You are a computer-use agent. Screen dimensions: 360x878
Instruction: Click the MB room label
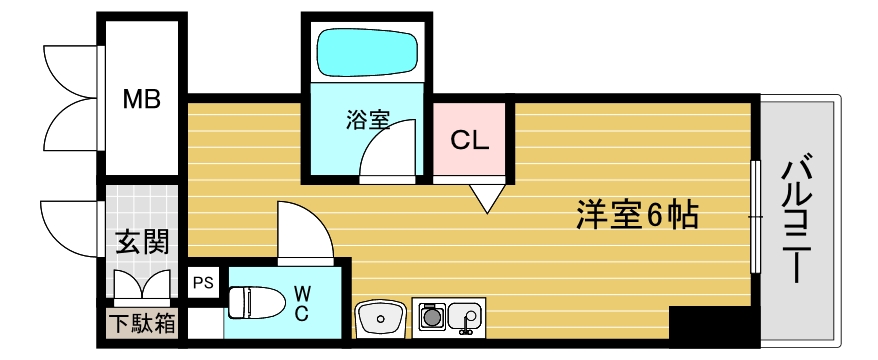(x=140, y=99)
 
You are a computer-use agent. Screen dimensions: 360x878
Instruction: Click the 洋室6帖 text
(x=637, y=213)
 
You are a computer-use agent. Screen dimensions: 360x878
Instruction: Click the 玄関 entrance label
(x=140, y=241)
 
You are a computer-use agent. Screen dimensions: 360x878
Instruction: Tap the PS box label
(x=201, y=282)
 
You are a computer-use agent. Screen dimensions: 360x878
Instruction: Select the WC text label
(x=301, y=301)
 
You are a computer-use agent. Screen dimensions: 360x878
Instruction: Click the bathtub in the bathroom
(x=367, y=51)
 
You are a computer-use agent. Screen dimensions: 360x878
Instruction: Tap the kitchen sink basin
(x=466, y=318)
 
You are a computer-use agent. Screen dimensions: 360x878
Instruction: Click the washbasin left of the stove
(x=380, y=319)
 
